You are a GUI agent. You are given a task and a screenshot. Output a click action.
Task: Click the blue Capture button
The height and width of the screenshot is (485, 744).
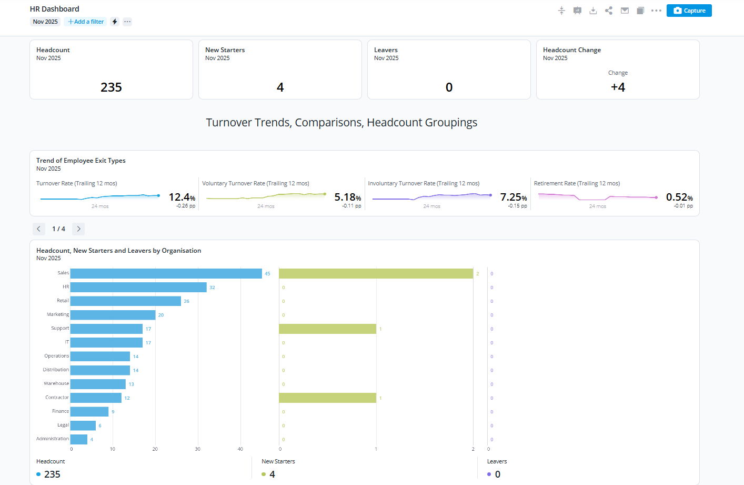(689, 11)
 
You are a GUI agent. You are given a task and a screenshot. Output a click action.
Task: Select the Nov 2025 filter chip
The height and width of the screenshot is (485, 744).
(45, 22)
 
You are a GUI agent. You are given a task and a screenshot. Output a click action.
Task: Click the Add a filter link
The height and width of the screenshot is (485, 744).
(86, 22)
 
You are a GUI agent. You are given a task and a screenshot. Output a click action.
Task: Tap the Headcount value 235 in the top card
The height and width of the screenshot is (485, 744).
(111, 87)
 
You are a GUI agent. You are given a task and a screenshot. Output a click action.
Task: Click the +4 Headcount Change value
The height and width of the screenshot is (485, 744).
(618, 87)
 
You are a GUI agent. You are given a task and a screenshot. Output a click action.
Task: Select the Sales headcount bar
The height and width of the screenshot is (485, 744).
(166, 273)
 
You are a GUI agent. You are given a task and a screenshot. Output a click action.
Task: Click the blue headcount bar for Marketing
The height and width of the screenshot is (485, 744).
(113, 315)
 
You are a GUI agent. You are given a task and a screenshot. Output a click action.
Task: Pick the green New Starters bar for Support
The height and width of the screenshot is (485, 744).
(327, 329)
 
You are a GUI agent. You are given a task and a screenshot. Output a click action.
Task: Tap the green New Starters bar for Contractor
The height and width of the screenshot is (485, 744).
(327, 398)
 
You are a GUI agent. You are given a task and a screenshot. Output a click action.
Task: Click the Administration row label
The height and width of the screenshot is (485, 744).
(53, 439)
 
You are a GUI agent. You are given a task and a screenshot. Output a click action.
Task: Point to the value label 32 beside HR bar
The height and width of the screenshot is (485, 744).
(212, 288)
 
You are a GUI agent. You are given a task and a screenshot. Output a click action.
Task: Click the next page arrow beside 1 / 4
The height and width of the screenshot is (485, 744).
(78, 229)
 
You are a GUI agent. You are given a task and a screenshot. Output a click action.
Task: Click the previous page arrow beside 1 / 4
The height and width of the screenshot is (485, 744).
(38, 229)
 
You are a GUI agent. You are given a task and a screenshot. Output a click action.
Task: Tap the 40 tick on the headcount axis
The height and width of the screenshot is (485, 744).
(240, 449)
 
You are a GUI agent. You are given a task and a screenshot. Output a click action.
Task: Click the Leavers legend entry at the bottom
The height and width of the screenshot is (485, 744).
(497, 461)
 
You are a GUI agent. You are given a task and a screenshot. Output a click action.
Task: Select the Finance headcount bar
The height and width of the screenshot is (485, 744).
(89, 411)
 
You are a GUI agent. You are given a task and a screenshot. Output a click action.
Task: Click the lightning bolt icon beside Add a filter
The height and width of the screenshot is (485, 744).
(115, 22)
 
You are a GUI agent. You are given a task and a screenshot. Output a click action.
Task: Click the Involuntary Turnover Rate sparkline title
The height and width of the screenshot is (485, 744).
(424, 183)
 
